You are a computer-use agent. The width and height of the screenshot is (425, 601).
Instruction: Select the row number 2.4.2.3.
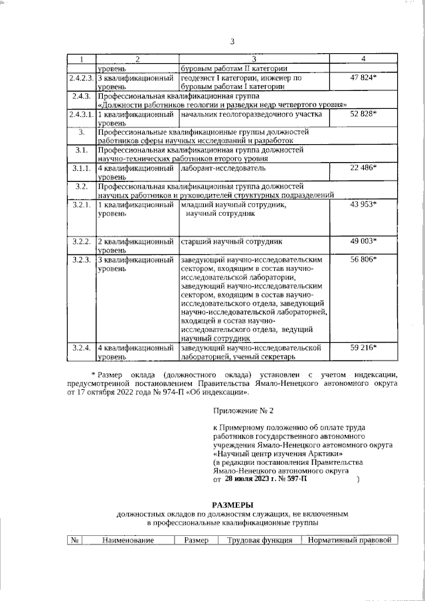[82, 78]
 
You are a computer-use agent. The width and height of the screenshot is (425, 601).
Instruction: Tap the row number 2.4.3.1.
[82, 115]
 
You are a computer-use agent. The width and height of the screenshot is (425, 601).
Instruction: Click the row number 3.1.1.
[82, 169]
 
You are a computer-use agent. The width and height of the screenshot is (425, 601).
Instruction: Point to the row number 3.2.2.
[82, 241]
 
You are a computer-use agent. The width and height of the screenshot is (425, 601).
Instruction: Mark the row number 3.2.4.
[82, 348]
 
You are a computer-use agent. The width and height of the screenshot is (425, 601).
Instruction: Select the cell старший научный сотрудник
[231, 241]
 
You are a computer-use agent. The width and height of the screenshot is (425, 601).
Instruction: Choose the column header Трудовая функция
[260, 541]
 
